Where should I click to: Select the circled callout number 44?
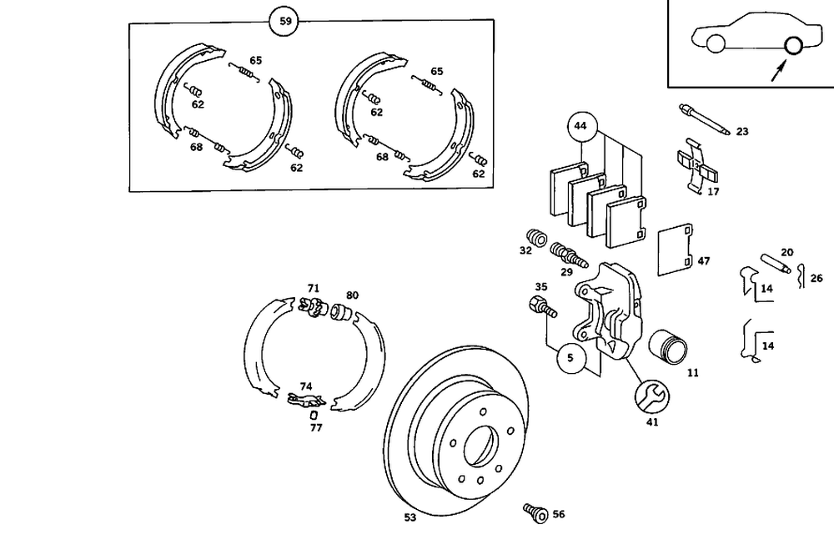[581, 127]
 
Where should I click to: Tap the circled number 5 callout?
[570, 359]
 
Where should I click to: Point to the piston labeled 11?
[670, 344]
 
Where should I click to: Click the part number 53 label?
[410, 517]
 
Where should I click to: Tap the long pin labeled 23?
[704, 119]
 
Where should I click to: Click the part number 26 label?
[816, 278]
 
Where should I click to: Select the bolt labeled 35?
[540, 307]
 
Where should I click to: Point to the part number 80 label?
[352, 295]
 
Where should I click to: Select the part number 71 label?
[314, 288]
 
